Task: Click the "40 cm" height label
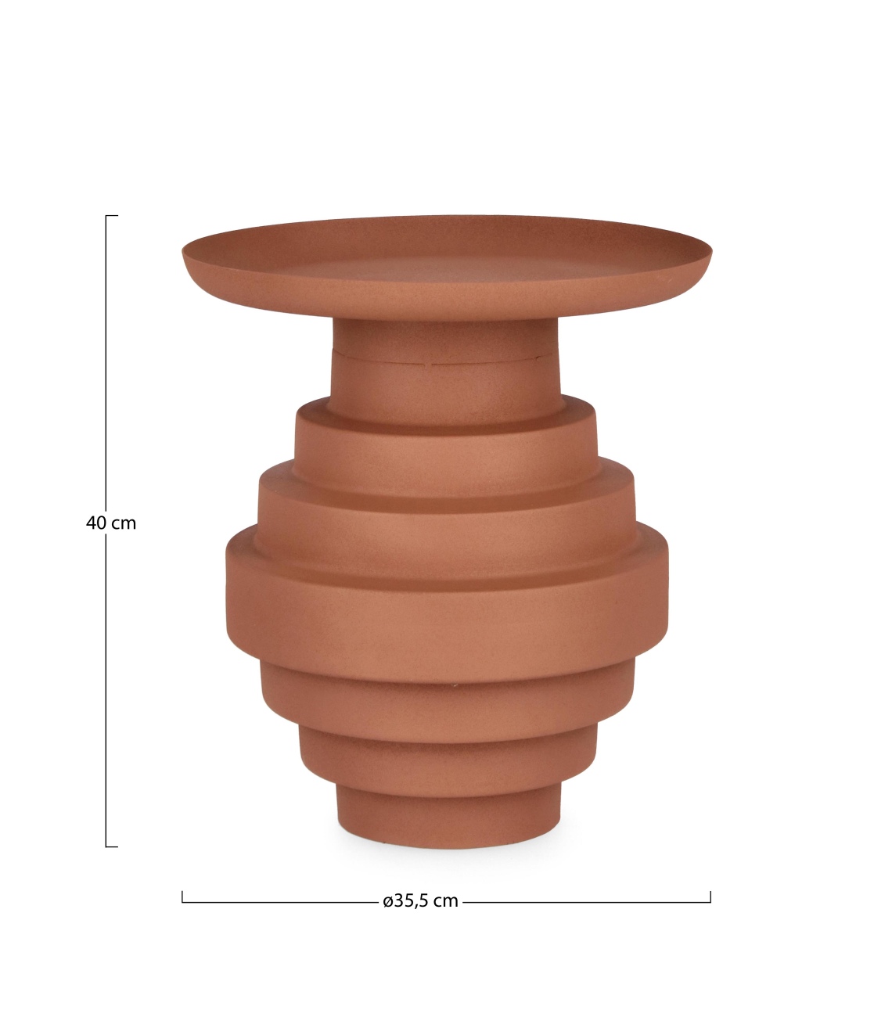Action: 110,523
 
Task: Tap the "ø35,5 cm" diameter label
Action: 420,900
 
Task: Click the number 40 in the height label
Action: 95,523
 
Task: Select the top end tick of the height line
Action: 111,215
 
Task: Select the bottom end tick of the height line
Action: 111,846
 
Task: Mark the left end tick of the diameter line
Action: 182,897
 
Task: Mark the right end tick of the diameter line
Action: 710,897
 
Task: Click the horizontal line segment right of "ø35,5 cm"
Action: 587,902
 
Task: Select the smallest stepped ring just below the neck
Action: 446,438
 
